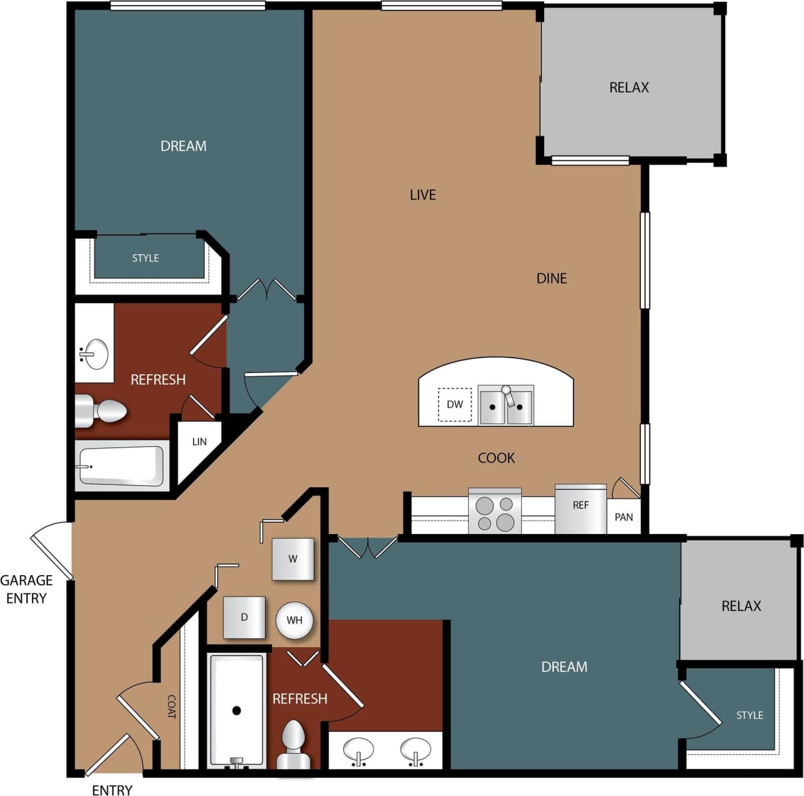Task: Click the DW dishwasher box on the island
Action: pyautogui.click(x=454, y=404)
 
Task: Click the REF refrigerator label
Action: pyautogui.click(x=581, y=505)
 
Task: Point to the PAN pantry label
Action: pyautogui.click(x=624, y=517)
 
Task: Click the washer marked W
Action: pyautogui.click(x=293, y=559)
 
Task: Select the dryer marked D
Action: pyautogui.click(x=244, y=617)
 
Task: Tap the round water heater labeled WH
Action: pyautogui.click(x=295, y=620)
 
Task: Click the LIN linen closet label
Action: pyautogui.click(x=200, y=442)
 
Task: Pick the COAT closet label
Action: pyautogui.click(x=171, y=706)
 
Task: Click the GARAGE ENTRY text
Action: pyautogui.click(x=26, y=589)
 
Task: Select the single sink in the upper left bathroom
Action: pyautogui.click(x=96, y=353)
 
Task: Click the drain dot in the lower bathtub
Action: pyautogui.click(x=237, y=711)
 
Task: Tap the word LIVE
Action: pyautogui.click(x=423, y=195)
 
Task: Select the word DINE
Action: pyautogui.click(x=552, y=278)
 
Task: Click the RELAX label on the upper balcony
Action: pyautogui.click(x=629, y=87)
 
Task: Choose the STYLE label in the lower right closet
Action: pyautogui.click(x=749, y=715)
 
